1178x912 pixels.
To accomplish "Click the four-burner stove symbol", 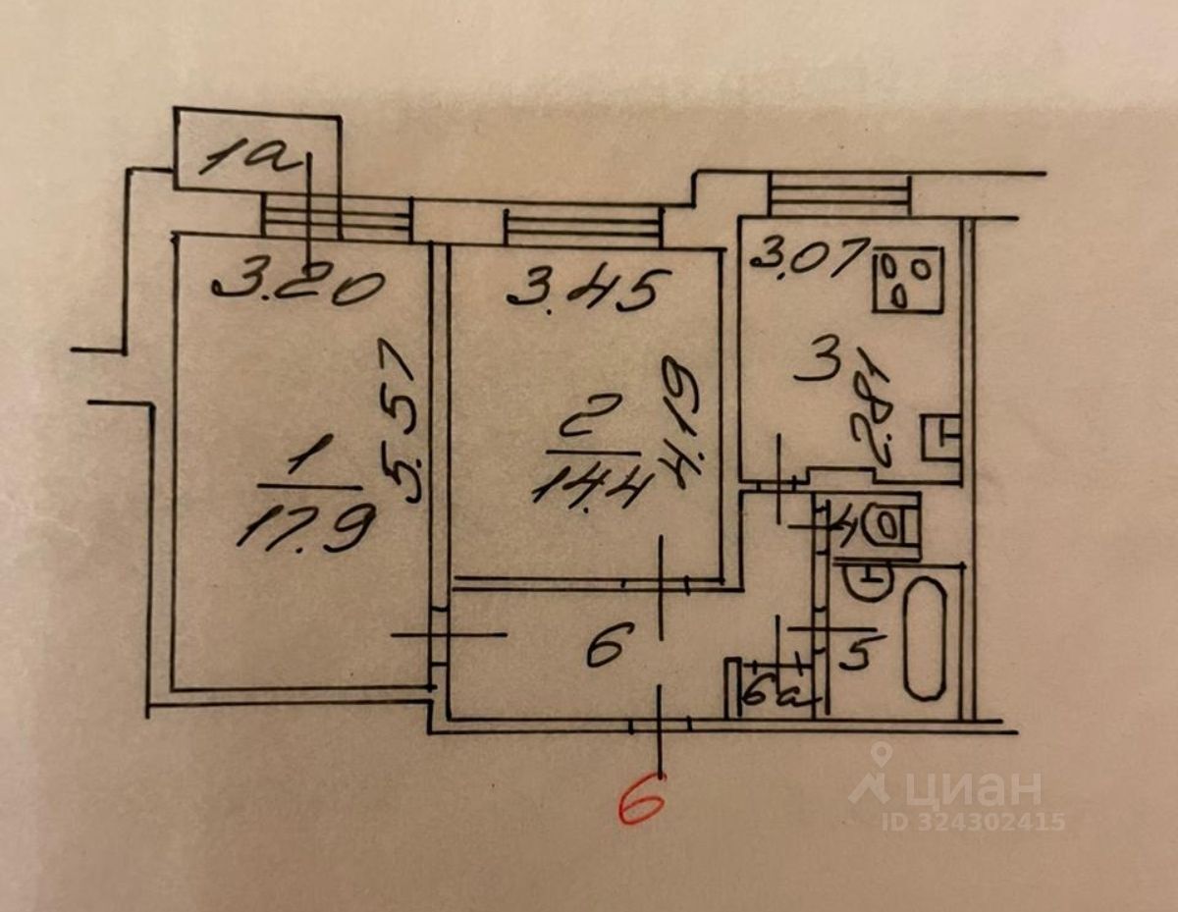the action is coord(908,279).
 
